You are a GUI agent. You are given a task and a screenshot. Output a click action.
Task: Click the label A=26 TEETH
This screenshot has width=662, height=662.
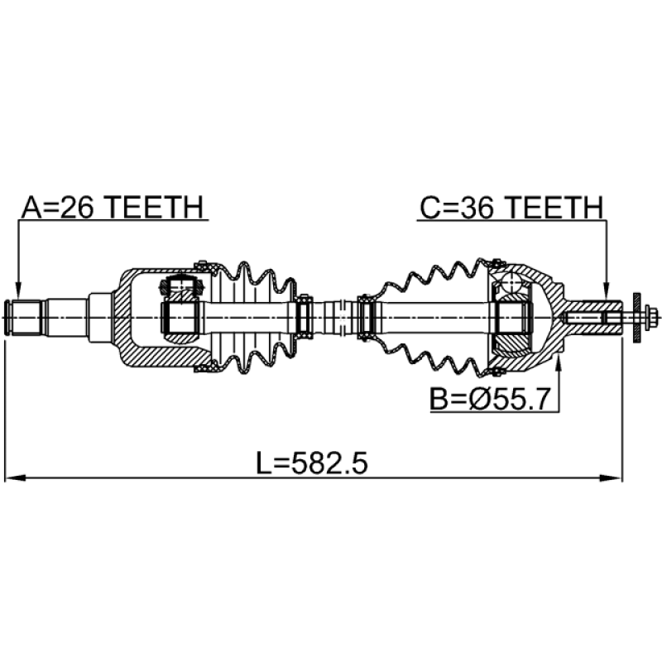(x=113, y=208)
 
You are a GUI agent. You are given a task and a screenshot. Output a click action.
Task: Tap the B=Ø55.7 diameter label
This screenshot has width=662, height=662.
(x=490, y=399)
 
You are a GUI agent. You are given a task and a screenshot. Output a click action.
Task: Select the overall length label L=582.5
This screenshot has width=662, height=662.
(x=313, y=463)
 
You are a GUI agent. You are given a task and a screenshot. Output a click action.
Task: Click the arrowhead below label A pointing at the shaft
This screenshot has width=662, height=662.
(x=17, y=291)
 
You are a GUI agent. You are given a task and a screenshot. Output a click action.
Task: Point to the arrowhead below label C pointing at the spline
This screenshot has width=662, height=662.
(x=606, y=291)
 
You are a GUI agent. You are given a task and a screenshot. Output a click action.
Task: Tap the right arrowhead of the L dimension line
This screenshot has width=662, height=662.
(x=612, y=478)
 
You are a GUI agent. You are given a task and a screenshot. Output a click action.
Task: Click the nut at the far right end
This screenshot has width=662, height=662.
(x=652, y=317)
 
